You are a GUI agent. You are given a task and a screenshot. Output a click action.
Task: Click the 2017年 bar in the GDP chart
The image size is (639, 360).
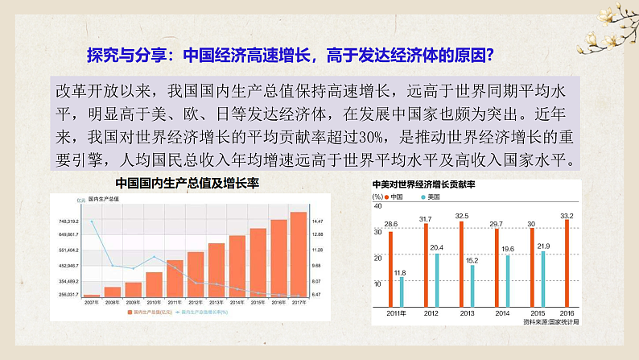[x=298, y=254]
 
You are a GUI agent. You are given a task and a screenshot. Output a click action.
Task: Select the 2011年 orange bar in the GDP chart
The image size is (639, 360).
[x=175, y=278]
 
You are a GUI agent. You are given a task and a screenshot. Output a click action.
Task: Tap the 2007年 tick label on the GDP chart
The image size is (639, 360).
[x=92, y=304]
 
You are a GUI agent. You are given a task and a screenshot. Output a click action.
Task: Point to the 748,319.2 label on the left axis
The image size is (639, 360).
[x=68, y=220]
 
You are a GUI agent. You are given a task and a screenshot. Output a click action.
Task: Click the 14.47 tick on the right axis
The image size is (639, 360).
[x=317, y=220]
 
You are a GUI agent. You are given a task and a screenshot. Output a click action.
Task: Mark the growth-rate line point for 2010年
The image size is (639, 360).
[x=154, y=257]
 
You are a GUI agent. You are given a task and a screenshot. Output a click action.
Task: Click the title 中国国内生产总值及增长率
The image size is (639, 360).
[x=179, y=183]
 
